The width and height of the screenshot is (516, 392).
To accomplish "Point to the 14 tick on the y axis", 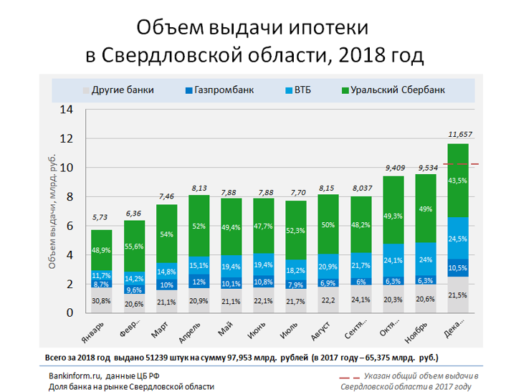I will click(x=67, y=110).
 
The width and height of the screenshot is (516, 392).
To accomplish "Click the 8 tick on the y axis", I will click(x=70, y=197).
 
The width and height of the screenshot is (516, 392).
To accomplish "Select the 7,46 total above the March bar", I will click(x=166, y=196).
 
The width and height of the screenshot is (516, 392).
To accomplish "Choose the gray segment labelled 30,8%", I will click(x=101, y=300).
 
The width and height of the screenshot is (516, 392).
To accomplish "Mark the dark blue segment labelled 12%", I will click(x=199, y=282).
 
